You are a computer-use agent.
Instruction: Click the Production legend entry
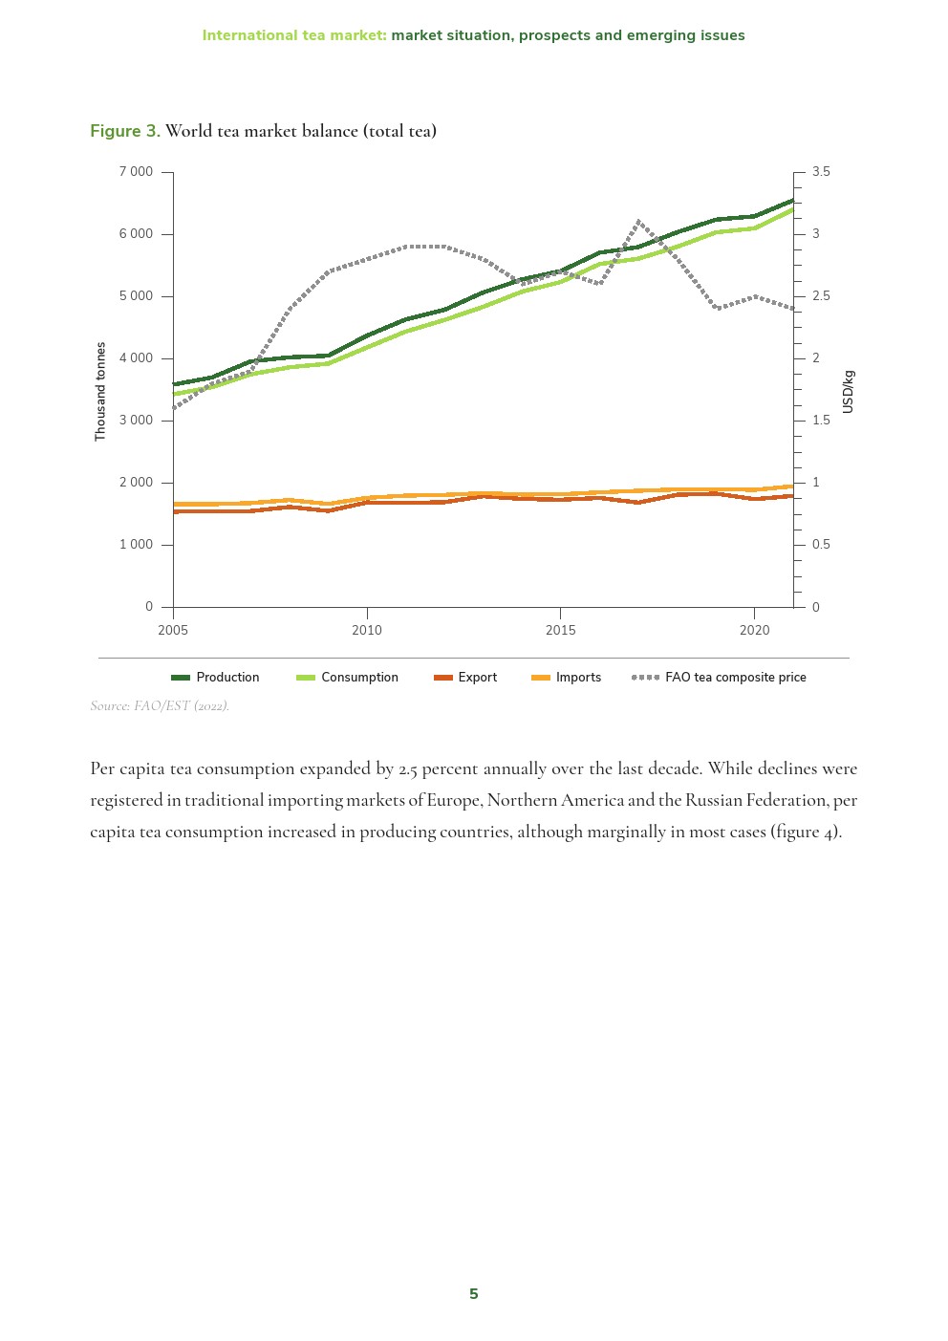pyautogui.click(x=216, y=678)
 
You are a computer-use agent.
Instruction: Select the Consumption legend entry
pyautogui.click(x=348, y=678)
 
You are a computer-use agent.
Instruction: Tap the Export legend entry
pyautogui.click(x=465, y=678)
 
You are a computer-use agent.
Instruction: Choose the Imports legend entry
pyautogui.click(x=567, y=678)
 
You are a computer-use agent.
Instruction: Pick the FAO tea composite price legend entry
pyautogui.click(x=720, y=678)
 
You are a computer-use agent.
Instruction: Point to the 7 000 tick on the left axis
pyautogui.click(x=136, y=172)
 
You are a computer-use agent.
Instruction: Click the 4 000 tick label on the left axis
pyautogui.click(x=136, y=358)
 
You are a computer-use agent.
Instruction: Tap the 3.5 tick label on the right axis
pyautogui.click(x=821, y=172)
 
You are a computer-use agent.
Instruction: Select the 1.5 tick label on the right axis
pyautogui.click(x=821, y=421)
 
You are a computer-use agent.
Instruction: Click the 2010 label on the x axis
pyautogui.click(x=367, y=630)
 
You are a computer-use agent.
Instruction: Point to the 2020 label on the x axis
pyautogui.click(x=754, y=630)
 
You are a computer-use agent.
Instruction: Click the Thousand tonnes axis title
pyautogui.click(x=100, y=392)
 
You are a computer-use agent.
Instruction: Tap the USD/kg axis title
pyautogui.click(x=848, y=392)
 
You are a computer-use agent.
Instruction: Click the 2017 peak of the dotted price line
pyautogui.click(x=638, y=222)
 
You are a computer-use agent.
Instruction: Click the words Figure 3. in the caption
pyautogui.click(x=125, y=131)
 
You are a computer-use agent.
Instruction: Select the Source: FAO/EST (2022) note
pyautogui.click(x=160, y=706)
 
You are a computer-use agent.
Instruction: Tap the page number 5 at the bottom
pyautogui.click(x=474, y=1294)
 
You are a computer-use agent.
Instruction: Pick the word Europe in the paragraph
pyautogui.click(x=454, y=801)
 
